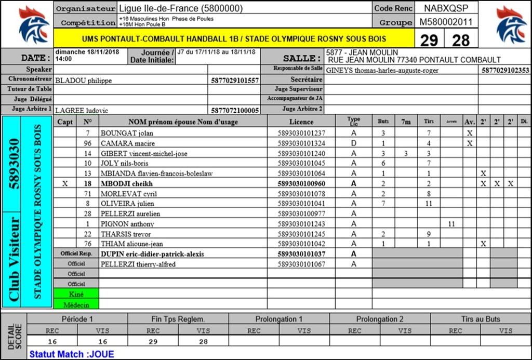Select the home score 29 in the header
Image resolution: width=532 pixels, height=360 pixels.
429,40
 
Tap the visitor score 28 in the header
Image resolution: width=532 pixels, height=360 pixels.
461,40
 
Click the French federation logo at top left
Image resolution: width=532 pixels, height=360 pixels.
33,24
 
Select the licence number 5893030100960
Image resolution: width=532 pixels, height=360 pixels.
301,183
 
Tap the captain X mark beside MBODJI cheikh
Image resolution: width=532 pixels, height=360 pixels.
65,183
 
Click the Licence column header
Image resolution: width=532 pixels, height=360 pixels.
301,122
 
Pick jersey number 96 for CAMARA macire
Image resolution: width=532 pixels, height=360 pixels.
87,143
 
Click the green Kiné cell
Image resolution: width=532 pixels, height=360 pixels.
76,294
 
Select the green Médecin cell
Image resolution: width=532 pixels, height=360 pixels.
76,304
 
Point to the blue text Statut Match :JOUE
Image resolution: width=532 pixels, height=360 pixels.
72,354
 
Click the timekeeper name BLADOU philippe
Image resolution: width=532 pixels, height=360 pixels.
84,81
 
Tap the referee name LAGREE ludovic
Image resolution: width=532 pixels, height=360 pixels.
82,110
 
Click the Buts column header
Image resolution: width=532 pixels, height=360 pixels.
383,122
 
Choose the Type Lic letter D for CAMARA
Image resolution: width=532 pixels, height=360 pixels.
354,143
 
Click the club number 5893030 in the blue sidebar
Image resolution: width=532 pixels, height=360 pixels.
14,164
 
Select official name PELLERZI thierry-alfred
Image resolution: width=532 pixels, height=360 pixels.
138,264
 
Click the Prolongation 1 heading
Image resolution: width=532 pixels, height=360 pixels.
279,319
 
